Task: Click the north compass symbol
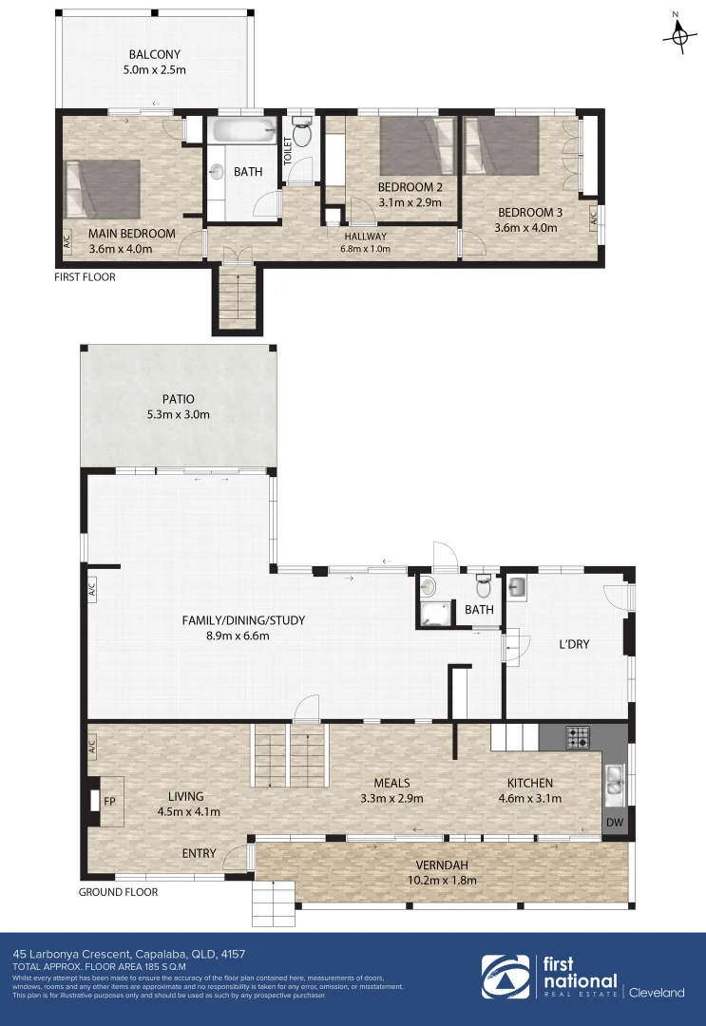click(x=678, y=34)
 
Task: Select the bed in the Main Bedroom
click(x=103, y=187)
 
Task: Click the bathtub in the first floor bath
click(x=243, y=130)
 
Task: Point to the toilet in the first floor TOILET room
click(x=302, y=134)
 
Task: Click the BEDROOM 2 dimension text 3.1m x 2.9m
click(x=410, y=201)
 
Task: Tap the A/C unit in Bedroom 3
click(x=593, y=218)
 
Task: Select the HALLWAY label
click(x=366, y=237)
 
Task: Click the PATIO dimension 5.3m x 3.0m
click(x=179, y=414)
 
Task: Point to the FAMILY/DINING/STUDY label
click(x=244, y=621)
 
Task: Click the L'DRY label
click(x=574, y=644)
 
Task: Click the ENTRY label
click(x=199, y=853)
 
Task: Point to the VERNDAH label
click(x=442, y=865)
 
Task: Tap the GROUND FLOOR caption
click(x=118, y=892)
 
